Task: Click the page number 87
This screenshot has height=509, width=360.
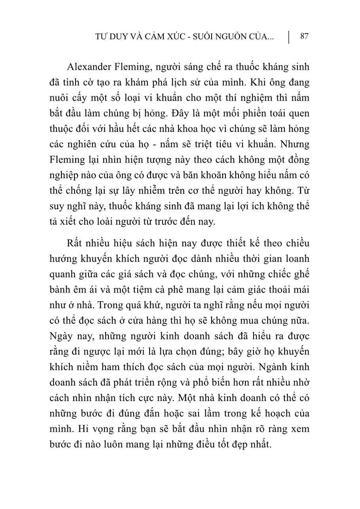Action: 304,36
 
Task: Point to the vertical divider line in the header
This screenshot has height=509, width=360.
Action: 289,37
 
